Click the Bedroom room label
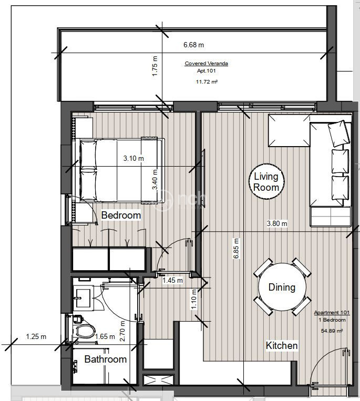pos(121,215)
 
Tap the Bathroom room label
pos(106,359)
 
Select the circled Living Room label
pos(266,181)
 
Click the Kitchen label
pos(282,345)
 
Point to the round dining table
pos(282,287)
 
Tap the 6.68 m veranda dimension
pos(194,45)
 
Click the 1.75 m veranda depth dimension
pos(155,66)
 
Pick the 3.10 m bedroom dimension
pos(133,158)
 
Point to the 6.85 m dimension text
pos(236,249)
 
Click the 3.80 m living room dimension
pos(277,223)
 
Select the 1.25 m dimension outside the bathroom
pos(36,336)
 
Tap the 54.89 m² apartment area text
pos(332,331)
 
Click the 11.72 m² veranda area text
pos(207,82)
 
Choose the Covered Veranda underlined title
pos(207,64)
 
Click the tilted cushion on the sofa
pos(339,133)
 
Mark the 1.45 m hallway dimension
pos(173,281)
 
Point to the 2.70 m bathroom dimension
pos(122,331)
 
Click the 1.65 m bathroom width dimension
pos(105,336)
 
